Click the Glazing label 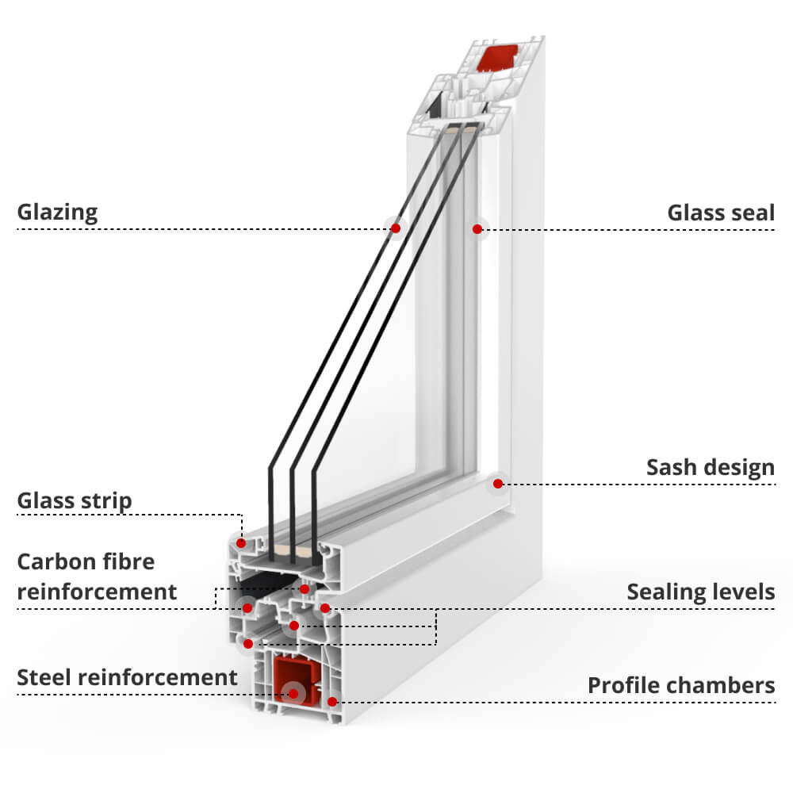[57, 213]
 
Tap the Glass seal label [721, 213]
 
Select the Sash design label [710, 468]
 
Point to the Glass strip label [75, 501]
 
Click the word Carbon [56, 561]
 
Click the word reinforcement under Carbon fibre [97, 592]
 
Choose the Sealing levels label [700, 592]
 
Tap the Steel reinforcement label [127, 678]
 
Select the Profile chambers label [680, 686]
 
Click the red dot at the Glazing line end [396, 228]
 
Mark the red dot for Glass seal [477, 229]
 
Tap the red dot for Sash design [498, 484]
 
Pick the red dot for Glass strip [241, 543]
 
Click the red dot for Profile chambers [331, 702]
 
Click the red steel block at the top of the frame [498, 58]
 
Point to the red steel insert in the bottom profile [297, 679]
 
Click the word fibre [128, 561]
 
